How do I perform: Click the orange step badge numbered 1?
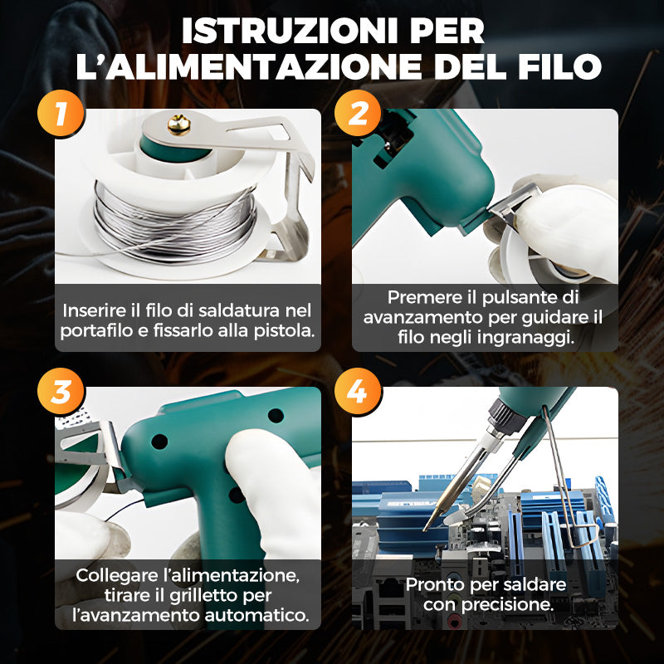click(x=61, y=113)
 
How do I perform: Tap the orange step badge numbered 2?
click(x=358, y=113)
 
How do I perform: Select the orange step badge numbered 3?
click(x=61, y=391)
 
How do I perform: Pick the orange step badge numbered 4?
click(x=358, y=391)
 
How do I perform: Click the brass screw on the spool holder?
click(x=178, y=124)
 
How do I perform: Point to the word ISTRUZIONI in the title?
click(x=289, y=31)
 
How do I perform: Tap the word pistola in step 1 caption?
click(x=284, y=331)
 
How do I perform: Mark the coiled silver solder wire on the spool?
click(x=174, y=223)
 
